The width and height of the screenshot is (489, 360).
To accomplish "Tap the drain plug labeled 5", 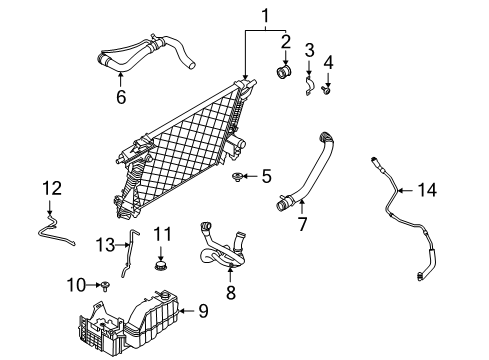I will click(x=237, y=178).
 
